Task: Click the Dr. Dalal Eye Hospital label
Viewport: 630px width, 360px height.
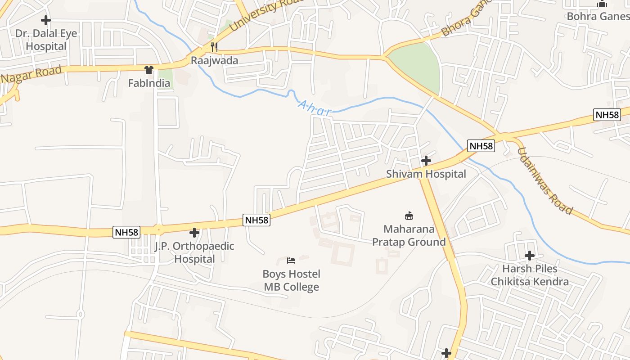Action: pyautogui.click(x=46, y=40)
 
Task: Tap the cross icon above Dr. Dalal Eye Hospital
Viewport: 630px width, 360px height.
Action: pyautogui.click(x=46, y=20)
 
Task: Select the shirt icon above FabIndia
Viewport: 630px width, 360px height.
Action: pyautogui.click(x=149, y=70)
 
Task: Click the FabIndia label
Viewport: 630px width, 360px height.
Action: pyautogui.click(x=149, y=83)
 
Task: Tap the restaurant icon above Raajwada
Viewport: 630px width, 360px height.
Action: pyautogui.click(x=214, y=47)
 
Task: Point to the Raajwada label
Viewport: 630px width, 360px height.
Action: pyautogui.click(x=214, y=60)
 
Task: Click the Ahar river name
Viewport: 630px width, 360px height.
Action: pyautogui.click(x=315, y=108)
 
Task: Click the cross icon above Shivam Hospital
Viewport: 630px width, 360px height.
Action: pyautogui.click(x=426, y=161)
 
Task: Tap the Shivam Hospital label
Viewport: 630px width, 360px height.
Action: pyautogui.click(x=426, y=174)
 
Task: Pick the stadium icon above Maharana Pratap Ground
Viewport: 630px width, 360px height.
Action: pyautogui.click(x=409, y=216)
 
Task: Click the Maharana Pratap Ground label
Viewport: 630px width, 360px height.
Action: pyautogui.click(x=409, y=235)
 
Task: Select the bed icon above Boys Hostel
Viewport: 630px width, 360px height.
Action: pyautogui.click(x=291, y=261)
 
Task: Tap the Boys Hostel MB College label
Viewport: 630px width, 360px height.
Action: pyautogui.click(x=291, y=280)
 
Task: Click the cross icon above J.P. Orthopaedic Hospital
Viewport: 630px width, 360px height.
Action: pyautogui.click(x=194, y=233)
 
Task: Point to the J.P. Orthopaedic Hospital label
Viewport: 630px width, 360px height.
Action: pyautogui.click(x=194, y=252)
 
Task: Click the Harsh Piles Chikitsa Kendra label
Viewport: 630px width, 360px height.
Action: pyautogui.click(x=530, y=275)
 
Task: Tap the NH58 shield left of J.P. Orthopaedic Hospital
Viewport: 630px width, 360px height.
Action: pyautogui.click(x=126, y=232)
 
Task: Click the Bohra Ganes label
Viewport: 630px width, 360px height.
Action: pyautogui.click(x=598, y=16)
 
